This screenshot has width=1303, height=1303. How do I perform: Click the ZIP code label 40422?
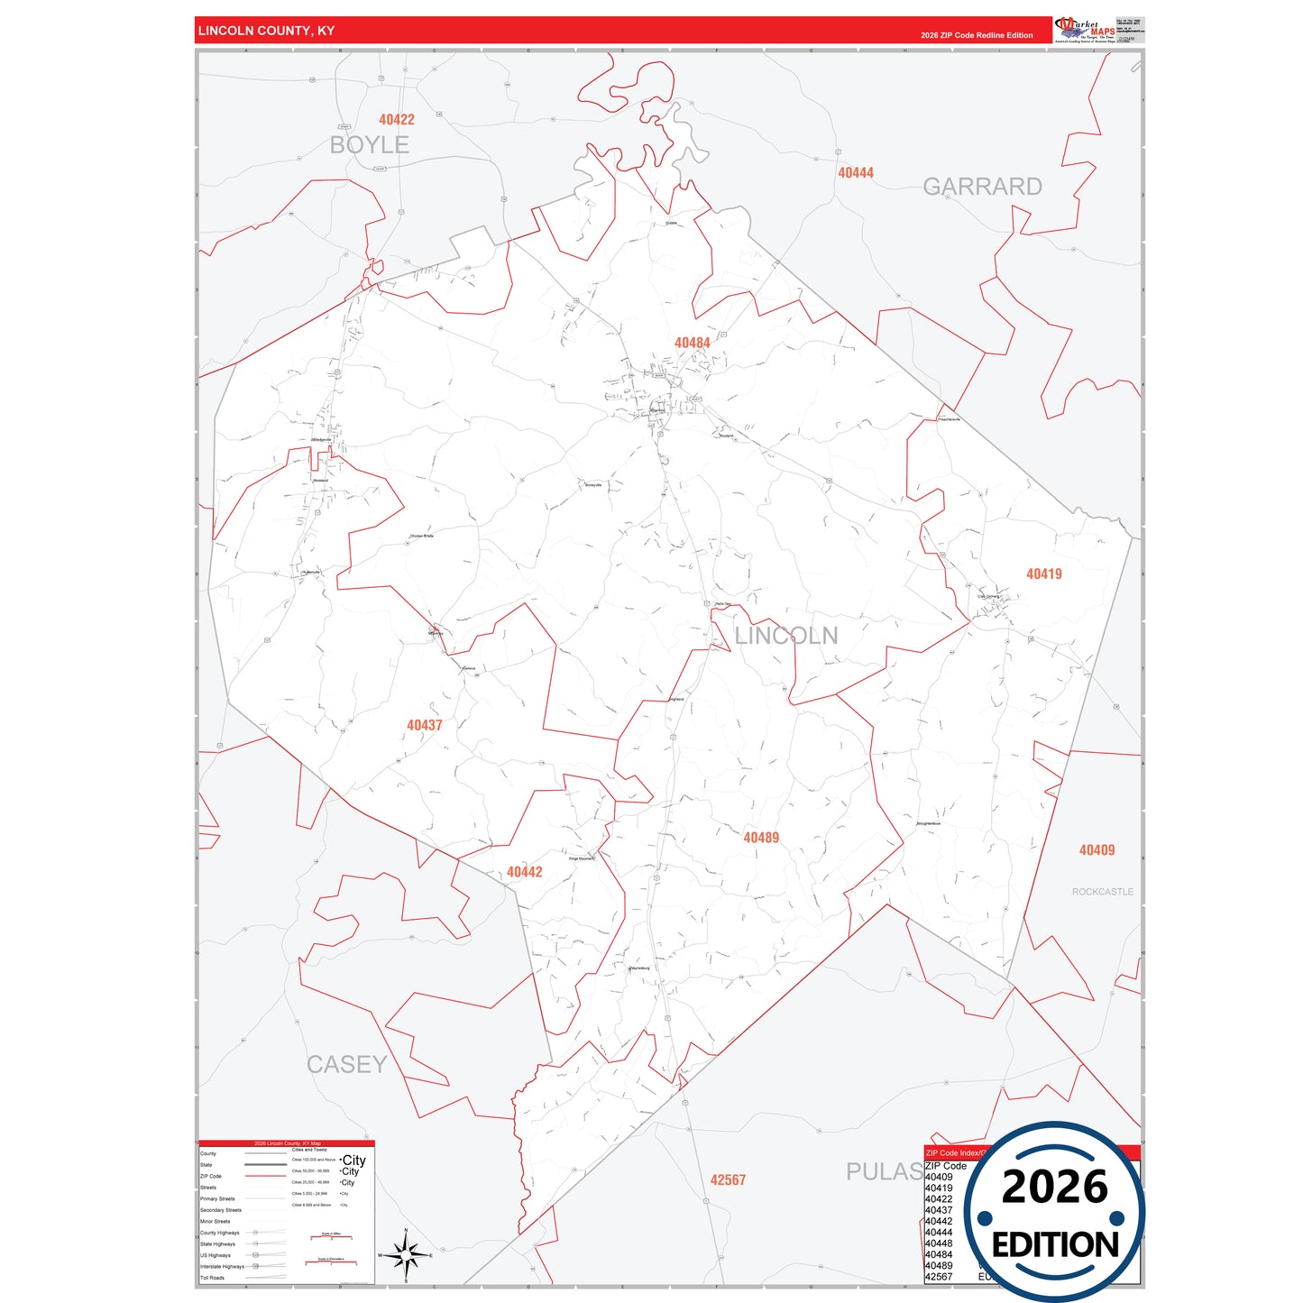pyautogui.click(x=397, y=120)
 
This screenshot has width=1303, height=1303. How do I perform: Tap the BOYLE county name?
pyautogui.click(x=369, y=145)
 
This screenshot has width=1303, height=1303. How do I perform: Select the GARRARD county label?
pyautogui.click(x=982, y=187)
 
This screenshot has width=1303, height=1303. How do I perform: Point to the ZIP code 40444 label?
pyautogui.click(x=855, y=173)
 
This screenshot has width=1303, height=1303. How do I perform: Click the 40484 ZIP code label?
pyautogui.click(x=692, y=343)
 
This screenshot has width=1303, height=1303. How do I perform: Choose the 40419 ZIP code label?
pyautogui.click(x=1043, y=574)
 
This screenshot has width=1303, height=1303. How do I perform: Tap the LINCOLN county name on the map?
pyautogui.click(x=785, y=636)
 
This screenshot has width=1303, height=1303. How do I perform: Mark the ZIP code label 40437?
pyautogui.click(x=424, y=725)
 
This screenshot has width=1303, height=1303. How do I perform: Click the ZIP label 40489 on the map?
pyautogui.click(x=760, y=838)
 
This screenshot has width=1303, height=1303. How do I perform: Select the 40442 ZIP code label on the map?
pyautogui.click(x=524, y=872)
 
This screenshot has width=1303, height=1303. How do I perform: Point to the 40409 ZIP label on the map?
pyautogui.click(x=1097, y=850)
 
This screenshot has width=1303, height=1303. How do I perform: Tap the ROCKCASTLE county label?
pyautogui.click(x=1102, y=892)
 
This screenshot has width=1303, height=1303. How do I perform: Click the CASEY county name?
pyautogui.click(x=346, y=1065)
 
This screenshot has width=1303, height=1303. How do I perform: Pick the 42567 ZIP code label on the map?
pyautogui.click(x=728, y=1180)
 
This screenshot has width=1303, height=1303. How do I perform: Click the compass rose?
pyautogui.click(x=406, y=1254)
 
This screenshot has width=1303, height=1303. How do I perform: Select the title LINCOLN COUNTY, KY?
pyautogui.click(x=266, y=31)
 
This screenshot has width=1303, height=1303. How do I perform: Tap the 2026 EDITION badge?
pyautogui.click(x=1054, y=1211)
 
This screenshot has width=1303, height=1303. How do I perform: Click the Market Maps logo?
pyautogui.click(x=1084, y=29)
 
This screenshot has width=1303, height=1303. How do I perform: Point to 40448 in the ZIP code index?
pyautogui.click(x=939, y=1243)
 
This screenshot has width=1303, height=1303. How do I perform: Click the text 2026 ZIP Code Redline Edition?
pyautogui.click(x=977, y=35)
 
